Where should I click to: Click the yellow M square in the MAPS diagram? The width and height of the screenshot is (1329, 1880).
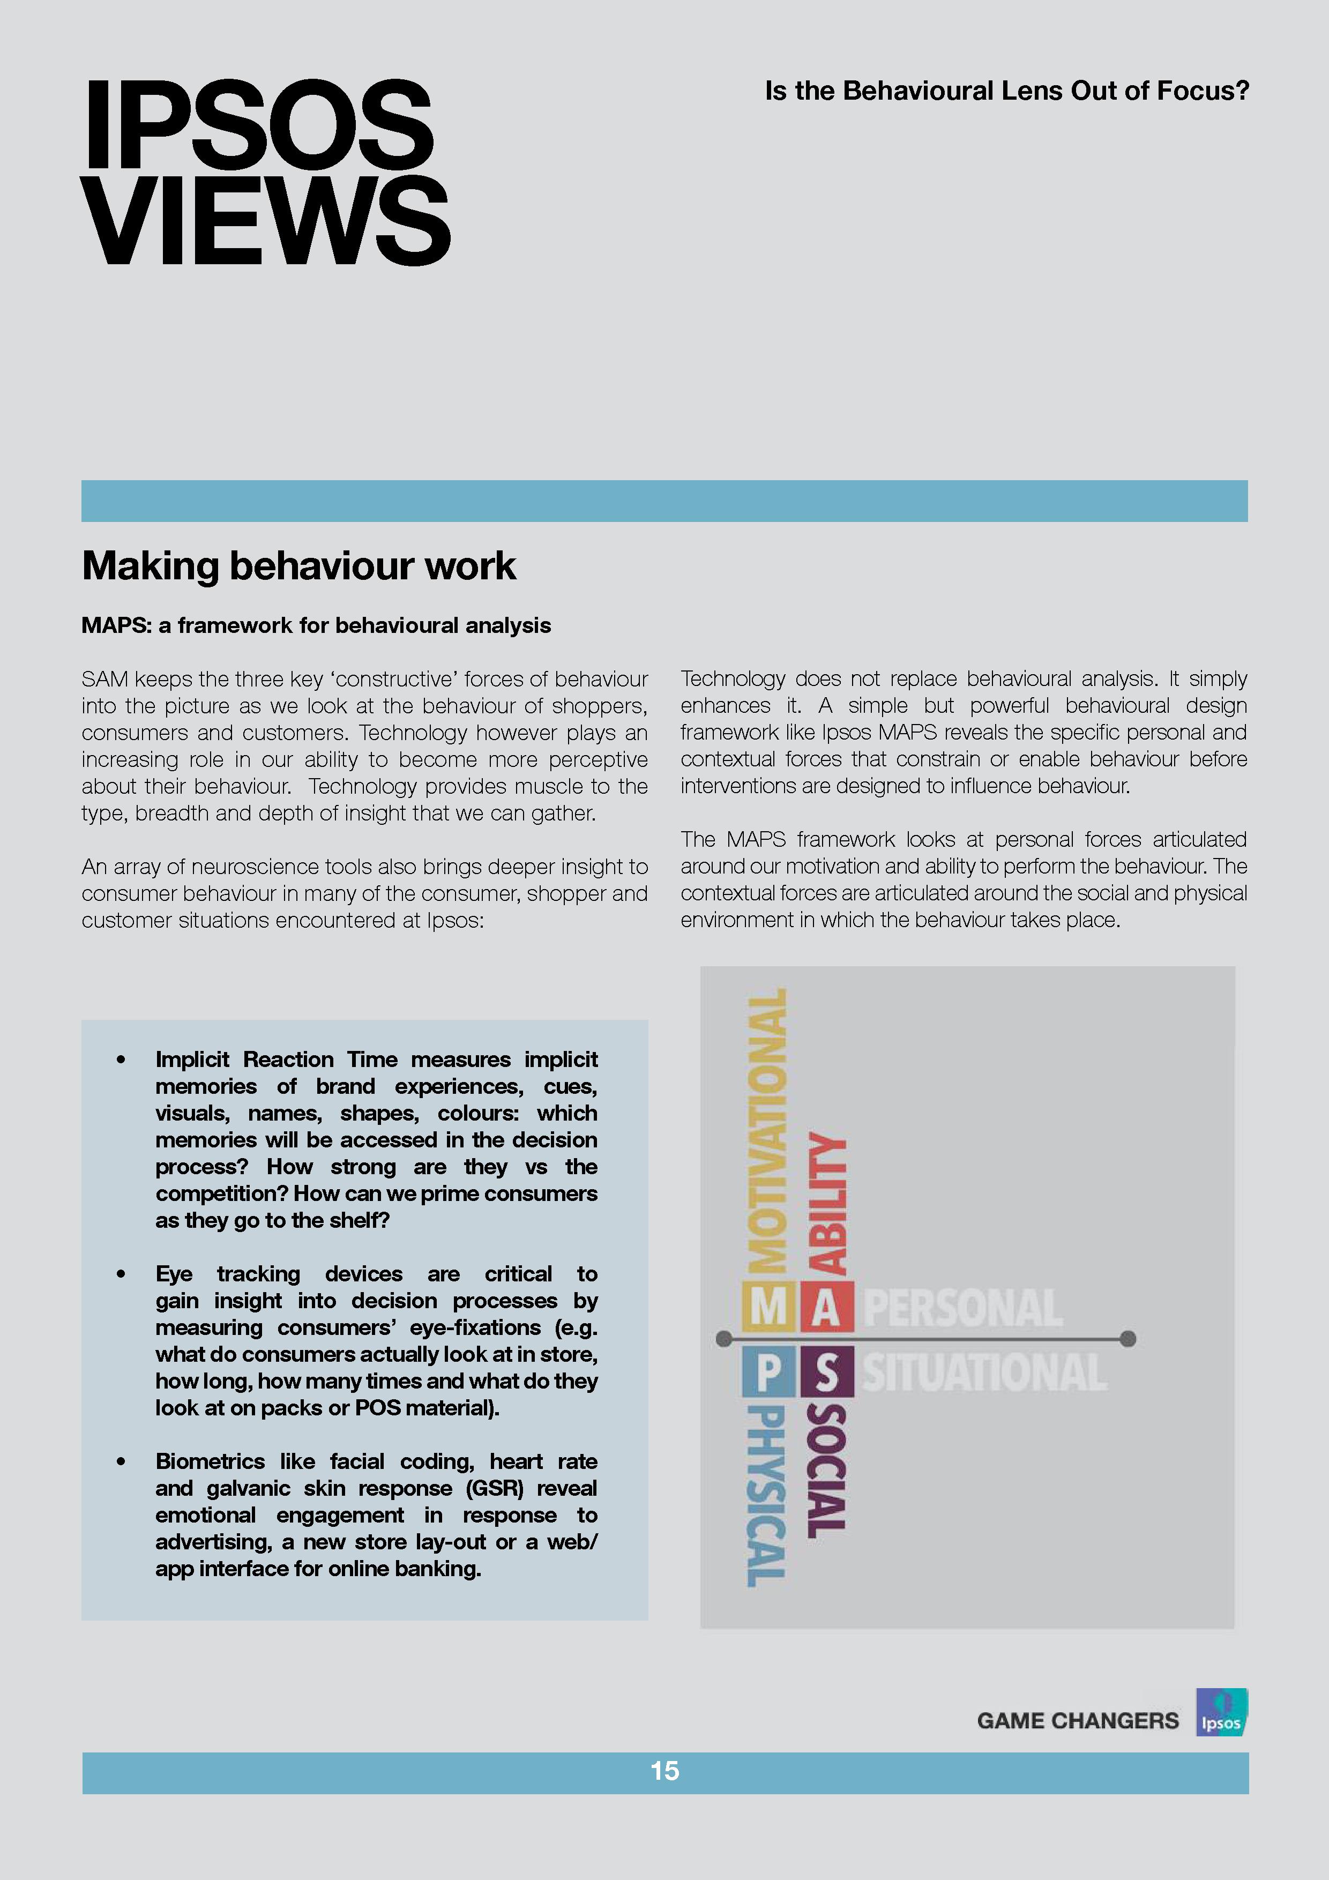pos(768,1308)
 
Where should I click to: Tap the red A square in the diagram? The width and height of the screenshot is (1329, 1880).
pos(826,1308)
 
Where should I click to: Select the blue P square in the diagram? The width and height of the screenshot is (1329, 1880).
pos(768,1372)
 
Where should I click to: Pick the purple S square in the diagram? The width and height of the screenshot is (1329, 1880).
pos(826,1372)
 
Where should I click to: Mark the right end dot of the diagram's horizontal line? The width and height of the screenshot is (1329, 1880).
pos(1128,1339)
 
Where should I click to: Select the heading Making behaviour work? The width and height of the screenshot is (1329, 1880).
pos(299,566)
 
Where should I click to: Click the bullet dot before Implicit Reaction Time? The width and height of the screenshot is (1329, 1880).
pos(121,1060)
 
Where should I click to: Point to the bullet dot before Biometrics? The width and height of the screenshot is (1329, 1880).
pos(121,1461)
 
